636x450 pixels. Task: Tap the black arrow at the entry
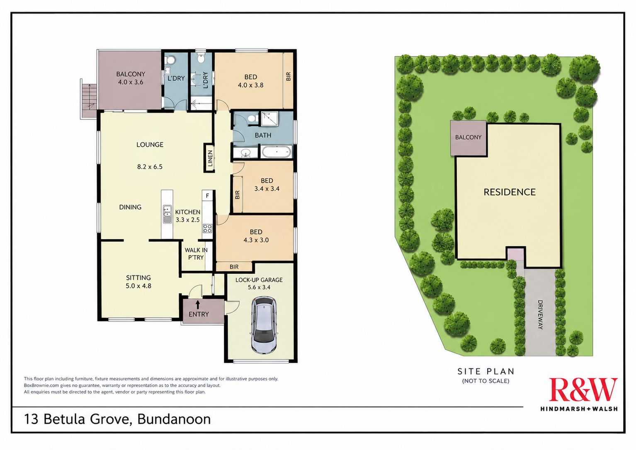198,304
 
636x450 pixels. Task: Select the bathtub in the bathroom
276,152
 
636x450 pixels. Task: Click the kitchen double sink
167,214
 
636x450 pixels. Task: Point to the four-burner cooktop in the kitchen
207,229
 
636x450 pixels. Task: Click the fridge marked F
208,195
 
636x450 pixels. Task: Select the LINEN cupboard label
210,158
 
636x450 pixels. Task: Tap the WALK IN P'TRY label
196,254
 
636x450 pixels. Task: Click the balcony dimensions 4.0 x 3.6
131,83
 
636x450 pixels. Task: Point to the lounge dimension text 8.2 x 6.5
150,167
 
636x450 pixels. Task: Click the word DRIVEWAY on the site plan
540,314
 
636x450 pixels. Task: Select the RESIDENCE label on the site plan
510,192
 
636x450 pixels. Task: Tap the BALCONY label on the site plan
469,137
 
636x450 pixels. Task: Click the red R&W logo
583,389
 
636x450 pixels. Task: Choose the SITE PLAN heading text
486,371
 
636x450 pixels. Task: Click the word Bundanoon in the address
174,419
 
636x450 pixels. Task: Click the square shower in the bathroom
269,119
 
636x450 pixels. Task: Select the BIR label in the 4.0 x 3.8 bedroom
289,76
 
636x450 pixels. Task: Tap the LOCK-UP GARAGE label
259,280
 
